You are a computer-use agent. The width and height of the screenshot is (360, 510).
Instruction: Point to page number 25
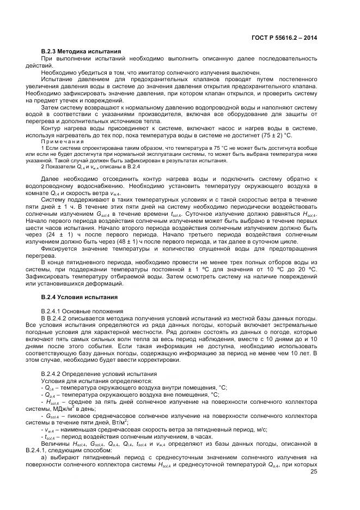(x=313, y=472)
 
